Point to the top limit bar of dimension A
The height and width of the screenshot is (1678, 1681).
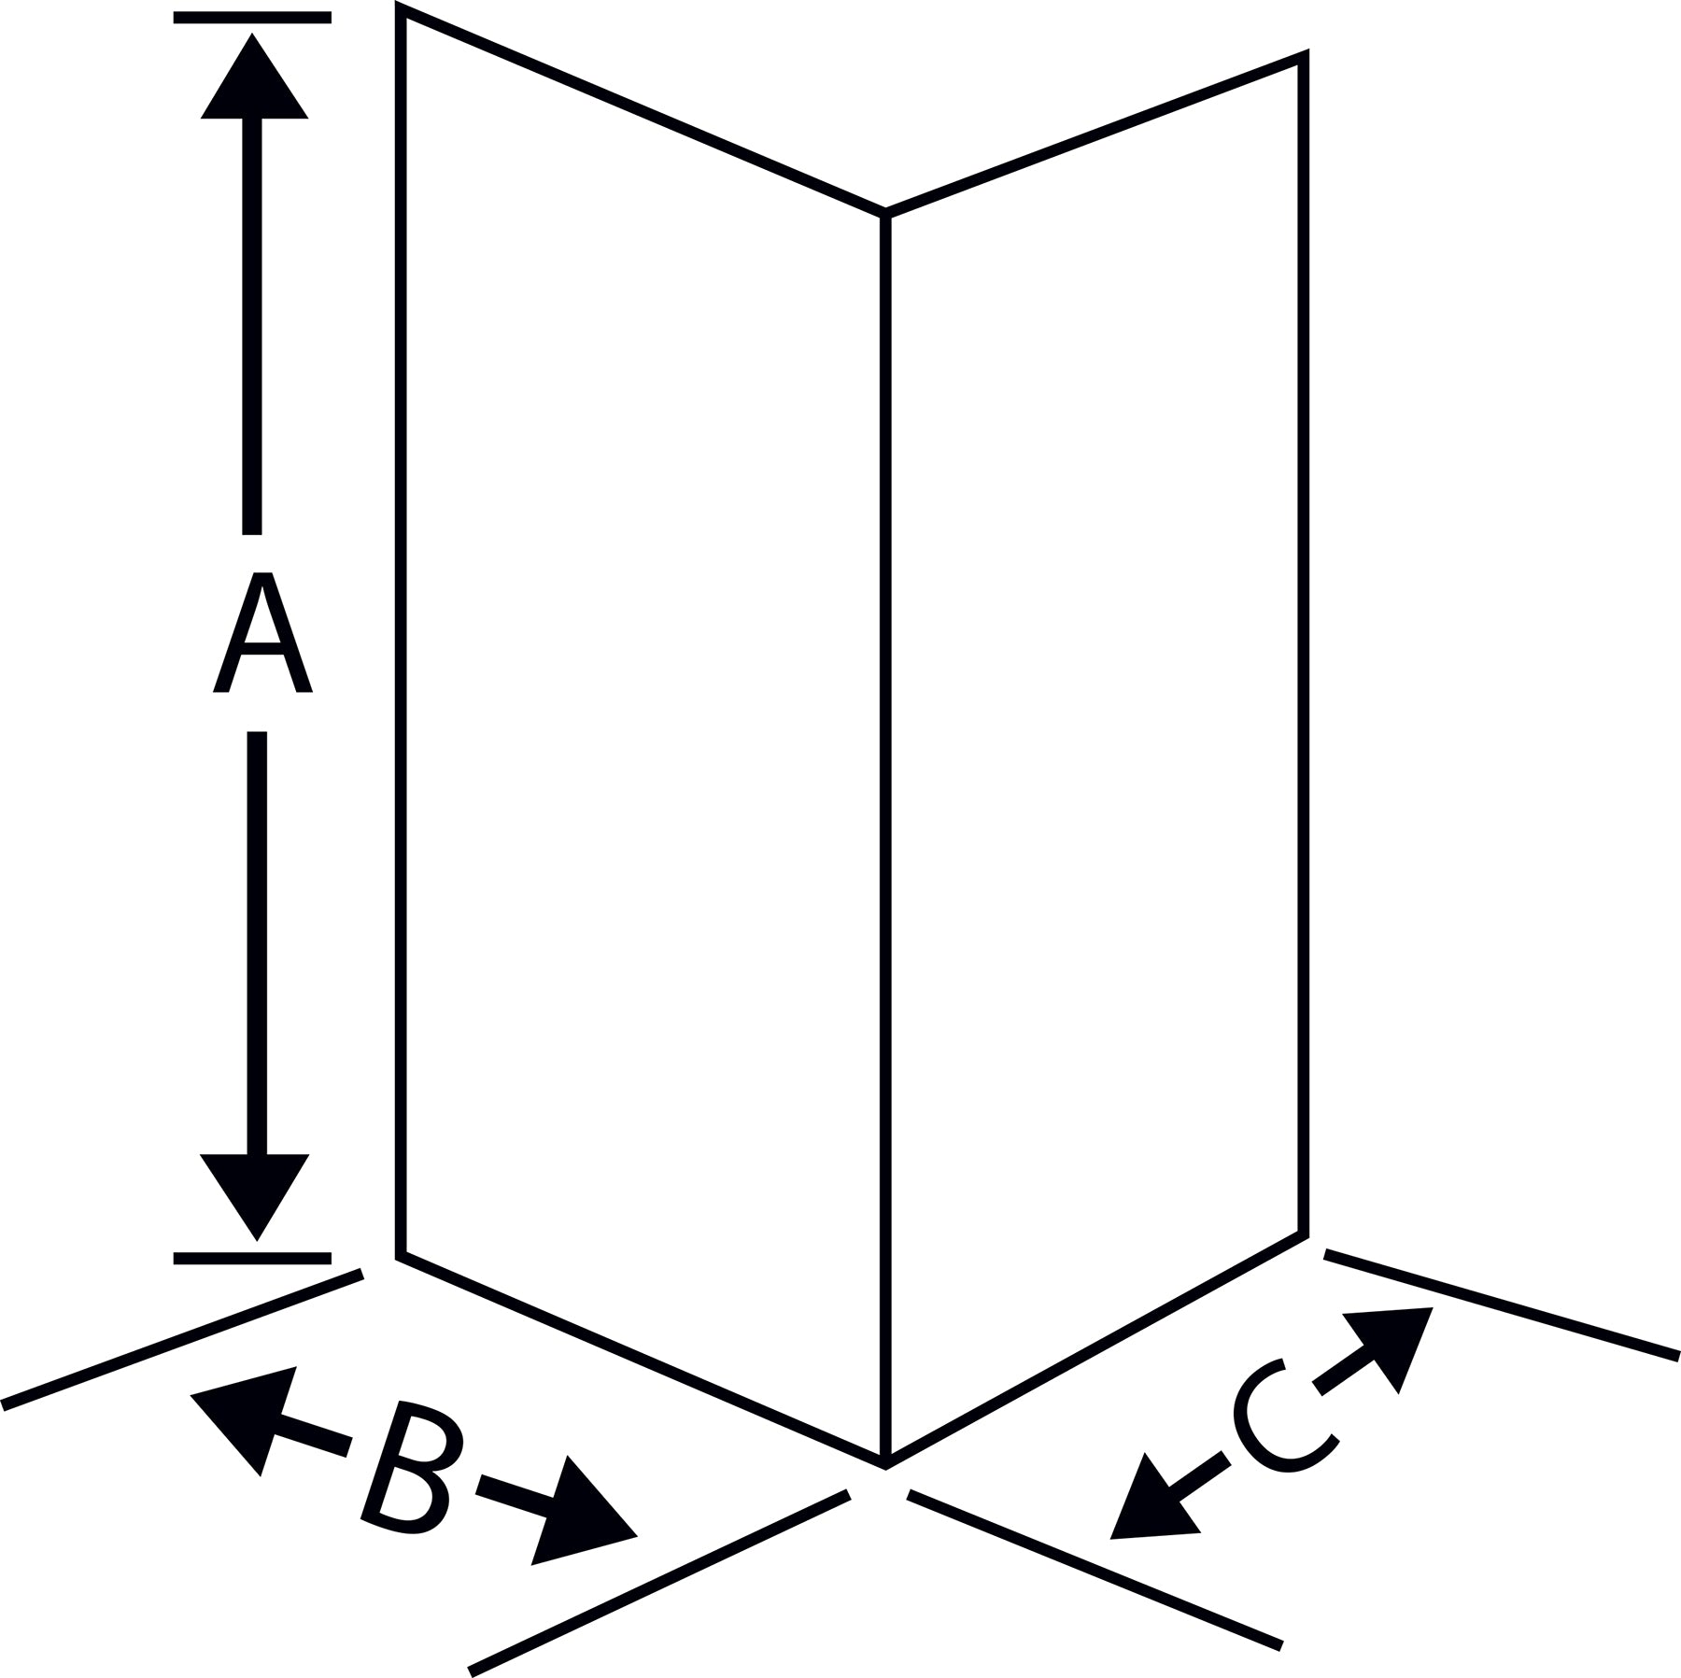pos(252,17)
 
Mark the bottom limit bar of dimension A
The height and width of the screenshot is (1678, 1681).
pos(252,1258)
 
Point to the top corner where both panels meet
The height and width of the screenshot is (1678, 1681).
pos(885,214)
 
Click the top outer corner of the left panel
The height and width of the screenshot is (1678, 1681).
pos(401,9)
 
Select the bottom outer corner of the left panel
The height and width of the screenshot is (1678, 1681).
pos(401,1256)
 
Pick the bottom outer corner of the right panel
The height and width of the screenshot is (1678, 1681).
pos(1304,1234)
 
